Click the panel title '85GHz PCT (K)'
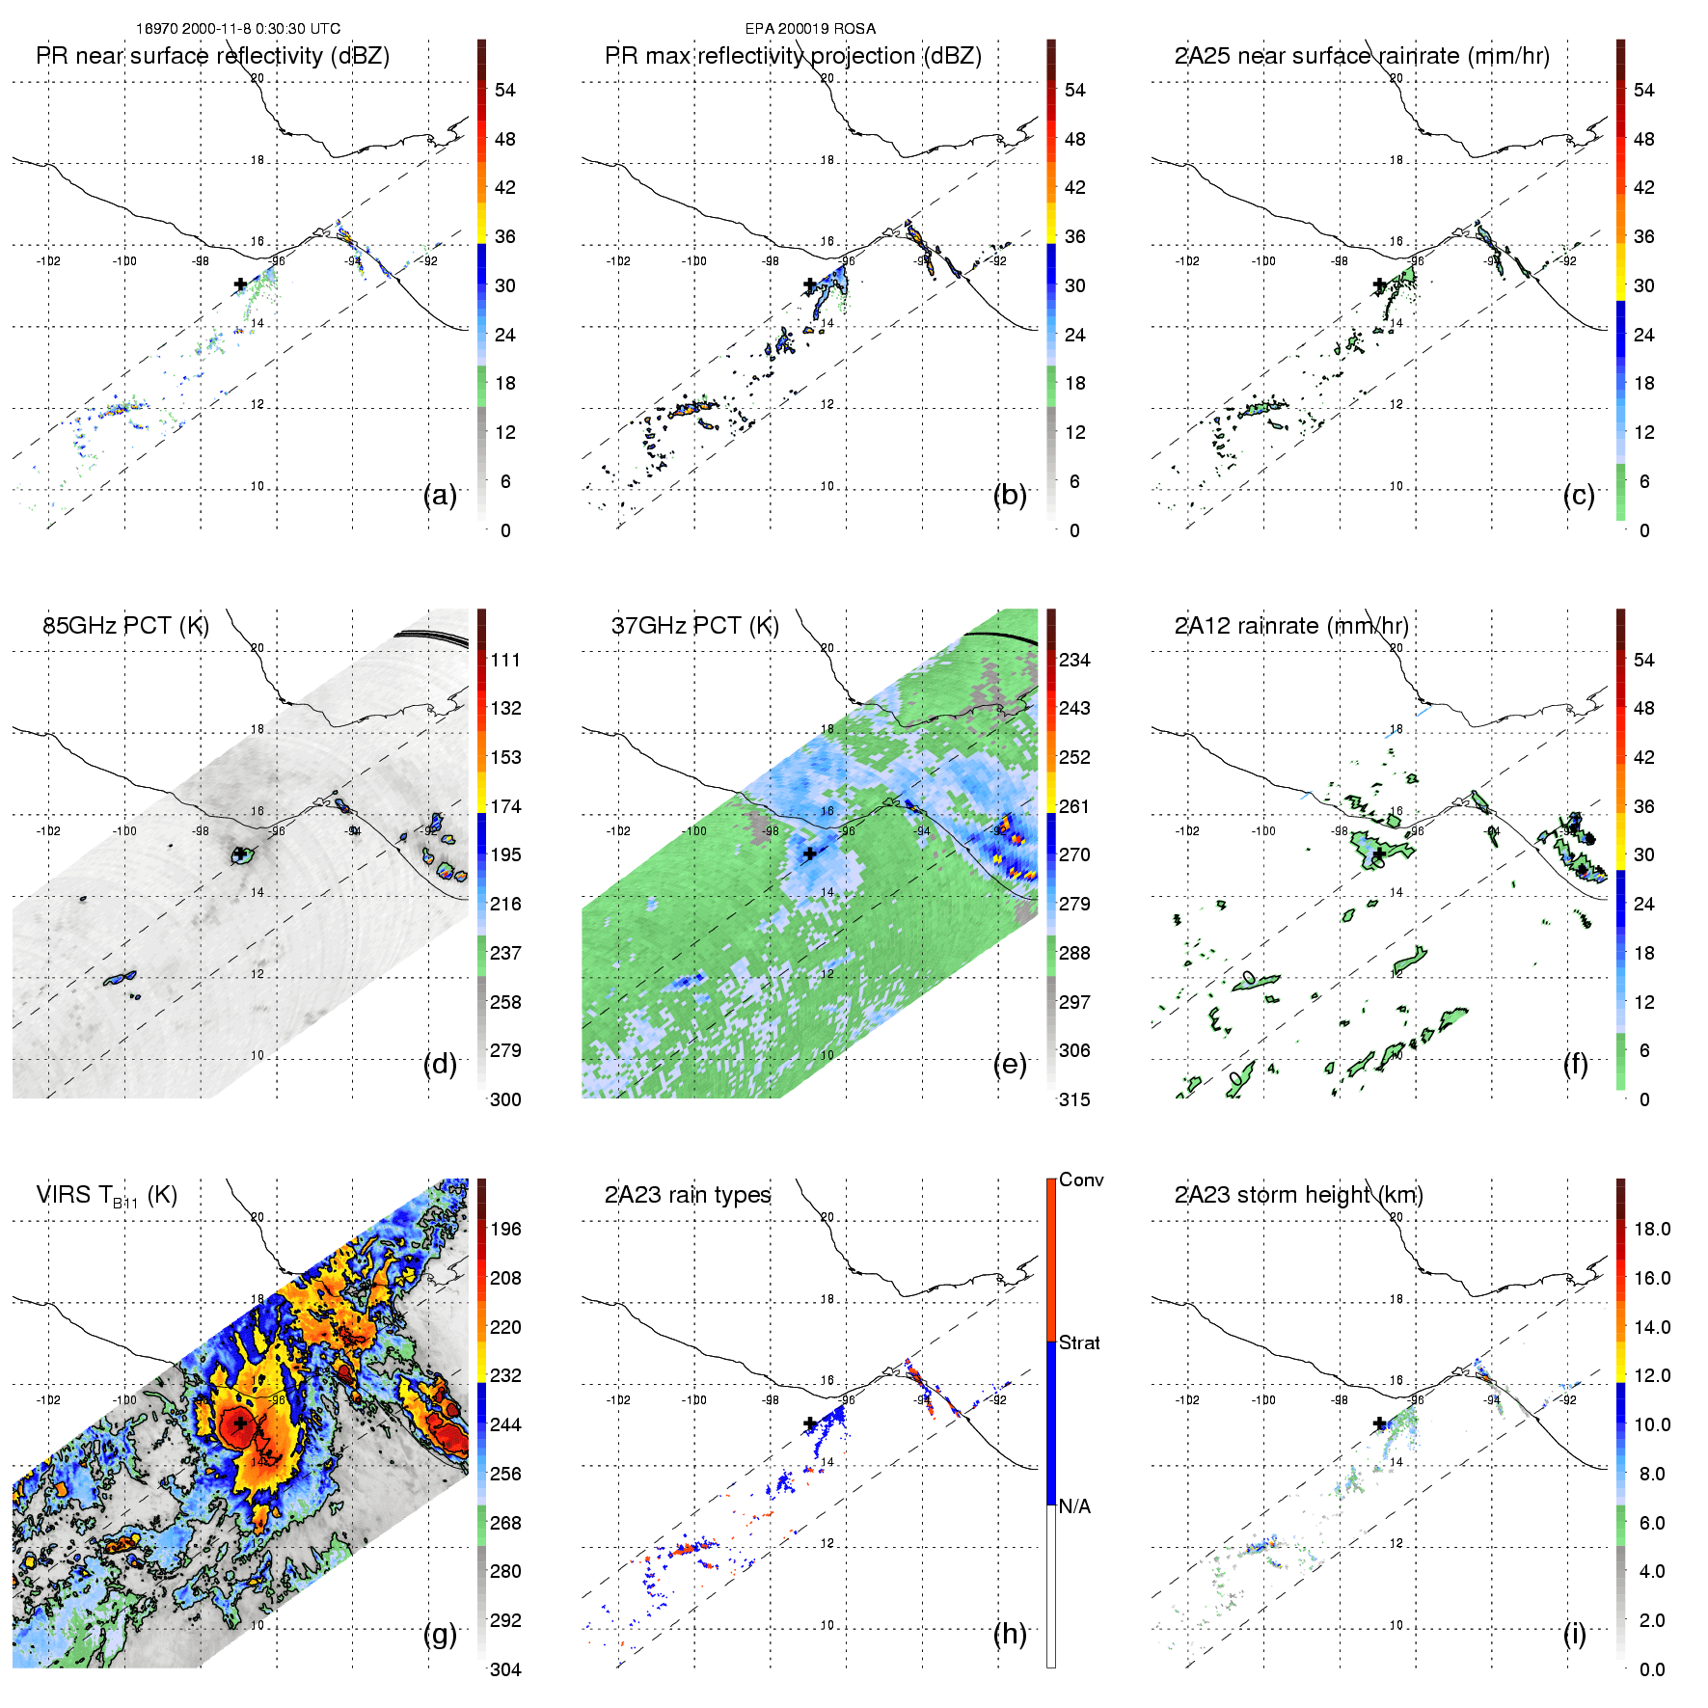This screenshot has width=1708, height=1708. [125, 626]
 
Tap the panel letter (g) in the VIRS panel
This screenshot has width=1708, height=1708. [440, 1633]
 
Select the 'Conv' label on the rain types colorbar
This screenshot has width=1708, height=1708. [1080, 1179]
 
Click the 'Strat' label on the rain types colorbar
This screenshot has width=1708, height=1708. [1079, 1342]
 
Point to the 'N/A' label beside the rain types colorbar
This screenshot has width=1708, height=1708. [1075, 1506]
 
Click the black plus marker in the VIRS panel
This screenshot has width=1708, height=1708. [240, 1423]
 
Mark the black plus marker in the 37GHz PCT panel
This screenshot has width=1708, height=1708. [810, 854]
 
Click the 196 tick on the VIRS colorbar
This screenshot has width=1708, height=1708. [505, 1229]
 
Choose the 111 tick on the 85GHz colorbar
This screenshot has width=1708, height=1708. [505, 660]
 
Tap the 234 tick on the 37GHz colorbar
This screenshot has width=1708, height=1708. [1074, 660]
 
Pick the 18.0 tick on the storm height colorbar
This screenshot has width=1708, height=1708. [1651, 1229]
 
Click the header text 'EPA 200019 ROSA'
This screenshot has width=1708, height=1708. [810, 29]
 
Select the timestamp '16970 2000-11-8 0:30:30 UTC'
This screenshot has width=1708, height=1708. [238, 29]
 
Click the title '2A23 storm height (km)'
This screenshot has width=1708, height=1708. [1298, 1195]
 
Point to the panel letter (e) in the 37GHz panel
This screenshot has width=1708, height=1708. [1010, 1064]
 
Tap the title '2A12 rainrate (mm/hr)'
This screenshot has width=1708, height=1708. [1291, 626]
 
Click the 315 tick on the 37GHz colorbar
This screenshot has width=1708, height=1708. [1074, 1099]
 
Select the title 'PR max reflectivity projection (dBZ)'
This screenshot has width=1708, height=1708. [793, 56]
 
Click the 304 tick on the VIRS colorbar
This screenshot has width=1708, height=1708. [505, 1669]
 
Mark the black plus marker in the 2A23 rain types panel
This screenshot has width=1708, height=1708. [810, 1423]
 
